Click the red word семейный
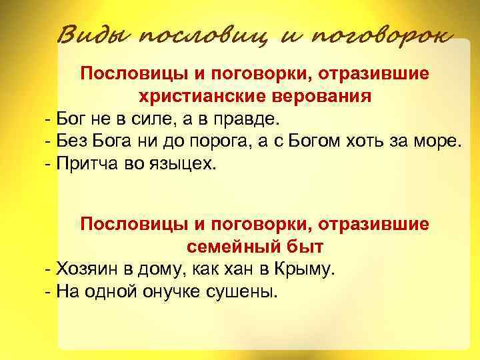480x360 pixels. (227, 247)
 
